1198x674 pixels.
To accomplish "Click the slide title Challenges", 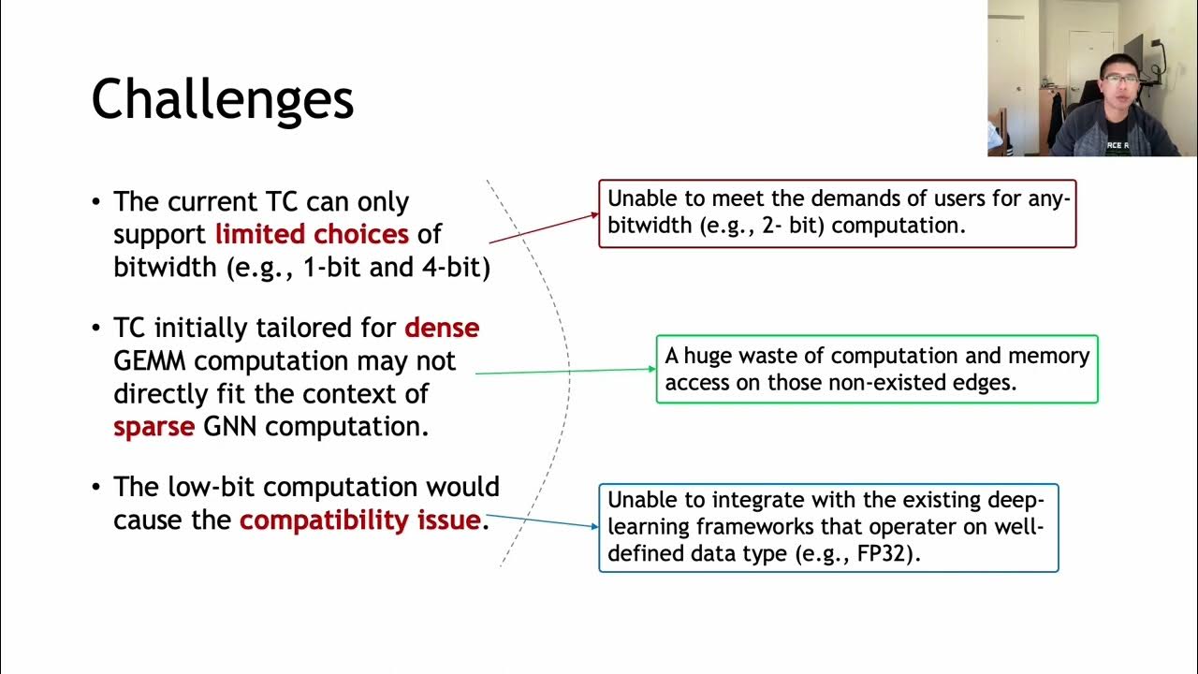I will (x=223, y=99).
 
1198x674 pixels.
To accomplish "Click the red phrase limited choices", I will (x=312, y=233).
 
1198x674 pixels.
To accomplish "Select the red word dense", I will (x=442, y=328).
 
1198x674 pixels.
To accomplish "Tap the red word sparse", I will (x=153, y=427).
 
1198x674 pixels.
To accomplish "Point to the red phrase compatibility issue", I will (x=359, y=520).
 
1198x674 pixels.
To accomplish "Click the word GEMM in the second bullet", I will (x=153, y=361).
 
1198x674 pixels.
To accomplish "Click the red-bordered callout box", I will (x=837, y=213).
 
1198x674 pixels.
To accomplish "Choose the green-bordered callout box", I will (x=876, y=369).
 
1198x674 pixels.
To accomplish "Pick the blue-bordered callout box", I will (x=827, y=527).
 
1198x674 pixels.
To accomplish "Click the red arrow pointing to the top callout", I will (x=544, y=228).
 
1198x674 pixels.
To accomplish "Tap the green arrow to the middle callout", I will (x=565, y=371).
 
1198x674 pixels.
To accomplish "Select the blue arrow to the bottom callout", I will (x=543, y=520).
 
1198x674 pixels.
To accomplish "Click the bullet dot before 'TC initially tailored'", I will (x=96, y=329).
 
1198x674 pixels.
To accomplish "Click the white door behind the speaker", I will (x=1007, y=66).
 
